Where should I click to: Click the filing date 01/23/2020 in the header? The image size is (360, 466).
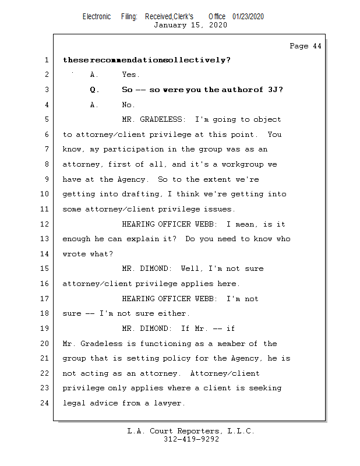248,17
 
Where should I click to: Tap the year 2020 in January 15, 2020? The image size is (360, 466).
216,26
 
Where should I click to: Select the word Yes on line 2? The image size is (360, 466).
131,75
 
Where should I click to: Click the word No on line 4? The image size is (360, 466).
129,105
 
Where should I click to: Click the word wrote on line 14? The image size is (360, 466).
74,254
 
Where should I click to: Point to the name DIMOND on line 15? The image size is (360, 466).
156,269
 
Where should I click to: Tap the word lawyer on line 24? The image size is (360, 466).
170,403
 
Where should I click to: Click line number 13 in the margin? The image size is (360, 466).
45,239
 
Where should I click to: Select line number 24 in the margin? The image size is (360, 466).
45,403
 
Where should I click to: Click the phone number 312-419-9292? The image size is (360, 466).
191,440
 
